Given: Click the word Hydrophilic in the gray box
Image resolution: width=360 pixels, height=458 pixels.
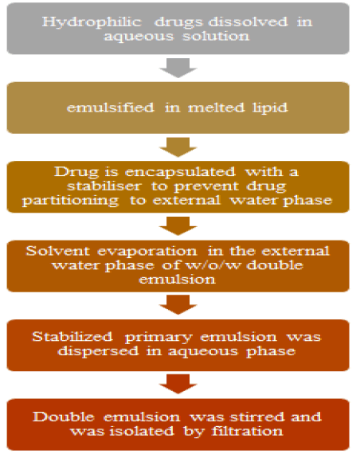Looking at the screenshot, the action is point(92,22).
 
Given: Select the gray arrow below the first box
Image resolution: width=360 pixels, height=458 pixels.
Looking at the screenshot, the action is point(178,68).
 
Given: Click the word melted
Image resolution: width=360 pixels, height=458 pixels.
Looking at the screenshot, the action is point(217,108).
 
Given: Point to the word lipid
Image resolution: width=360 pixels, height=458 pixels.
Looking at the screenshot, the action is point(270,108).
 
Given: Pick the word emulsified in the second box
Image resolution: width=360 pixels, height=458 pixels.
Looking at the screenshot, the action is point(111,108).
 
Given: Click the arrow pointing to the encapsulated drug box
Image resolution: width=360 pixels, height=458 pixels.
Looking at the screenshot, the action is point(178,147).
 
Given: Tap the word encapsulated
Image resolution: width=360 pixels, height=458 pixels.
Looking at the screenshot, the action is point(180,172).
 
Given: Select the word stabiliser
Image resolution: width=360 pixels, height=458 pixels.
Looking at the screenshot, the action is point(104,186).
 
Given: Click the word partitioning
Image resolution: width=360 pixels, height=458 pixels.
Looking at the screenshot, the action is point(71,201).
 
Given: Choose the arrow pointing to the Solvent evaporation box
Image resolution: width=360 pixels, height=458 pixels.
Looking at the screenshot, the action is point(178,226).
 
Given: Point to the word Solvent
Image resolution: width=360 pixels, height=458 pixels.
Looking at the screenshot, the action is point(58,251).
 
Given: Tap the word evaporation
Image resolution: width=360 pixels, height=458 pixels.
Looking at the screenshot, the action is point(147,252).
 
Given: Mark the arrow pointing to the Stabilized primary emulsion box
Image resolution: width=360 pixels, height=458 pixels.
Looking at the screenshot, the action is point(178,304).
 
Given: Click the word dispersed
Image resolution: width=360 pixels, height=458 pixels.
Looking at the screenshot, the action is point(98,351).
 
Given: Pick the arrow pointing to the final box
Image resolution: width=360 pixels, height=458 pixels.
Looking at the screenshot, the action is point(178,384).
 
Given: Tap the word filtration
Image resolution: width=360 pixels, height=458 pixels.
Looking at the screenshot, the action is point(247,431).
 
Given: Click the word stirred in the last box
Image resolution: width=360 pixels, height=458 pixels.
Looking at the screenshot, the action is point(257,417).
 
